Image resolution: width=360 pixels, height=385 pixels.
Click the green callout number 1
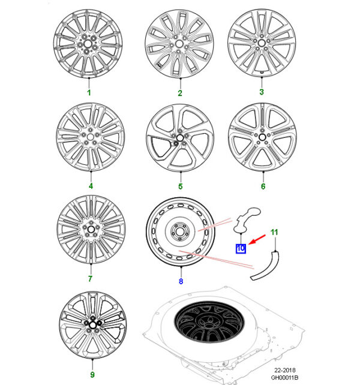(89, 92)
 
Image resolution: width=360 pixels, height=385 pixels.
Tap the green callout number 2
(180, 93)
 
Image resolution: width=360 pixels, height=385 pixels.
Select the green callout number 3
(262, 92)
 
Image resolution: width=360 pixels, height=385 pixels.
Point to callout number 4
(91, 186)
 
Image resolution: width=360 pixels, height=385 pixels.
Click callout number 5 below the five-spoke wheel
(181, 187)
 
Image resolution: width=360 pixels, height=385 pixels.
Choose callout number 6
(263, 187)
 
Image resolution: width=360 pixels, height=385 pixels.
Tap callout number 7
(90, 279)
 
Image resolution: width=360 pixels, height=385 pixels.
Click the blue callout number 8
(181, 281)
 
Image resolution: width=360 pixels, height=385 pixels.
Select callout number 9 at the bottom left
(92, 374)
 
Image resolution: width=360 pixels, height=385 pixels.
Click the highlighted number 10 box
(241, 248)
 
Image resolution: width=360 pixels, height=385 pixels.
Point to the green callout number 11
(274, 232)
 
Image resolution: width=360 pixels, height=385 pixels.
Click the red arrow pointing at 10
(257, 239)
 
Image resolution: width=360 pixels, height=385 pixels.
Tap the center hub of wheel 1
(88, 44)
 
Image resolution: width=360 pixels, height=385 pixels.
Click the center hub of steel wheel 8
(179, 231)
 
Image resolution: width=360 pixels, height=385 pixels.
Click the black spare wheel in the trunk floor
(209, 322)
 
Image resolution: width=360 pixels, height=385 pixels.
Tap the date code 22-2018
(285, 370)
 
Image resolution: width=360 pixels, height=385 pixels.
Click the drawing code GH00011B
(284, 377)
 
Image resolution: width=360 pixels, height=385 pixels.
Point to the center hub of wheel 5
(180, 137)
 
